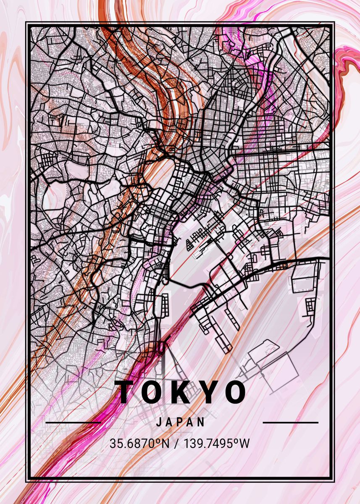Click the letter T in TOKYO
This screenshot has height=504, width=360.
click(126, 392)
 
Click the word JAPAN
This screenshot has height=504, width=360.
click(181, 422)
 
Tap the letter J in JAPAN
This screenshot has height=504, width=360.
click(159, 422)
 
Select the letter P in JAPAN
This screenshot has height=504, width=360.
click(181, 422)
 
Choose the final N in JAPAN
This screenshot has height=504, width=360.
click(202, 422)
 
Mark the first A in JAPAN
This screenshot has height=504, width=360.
click(169, 422)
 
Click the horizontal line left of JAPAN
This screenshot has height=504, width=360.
click(73, 423)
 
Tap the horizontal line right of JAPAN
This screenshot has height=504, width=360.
click(290, 423)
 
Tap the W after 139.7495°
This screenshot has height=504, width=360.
click(244, 443)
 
